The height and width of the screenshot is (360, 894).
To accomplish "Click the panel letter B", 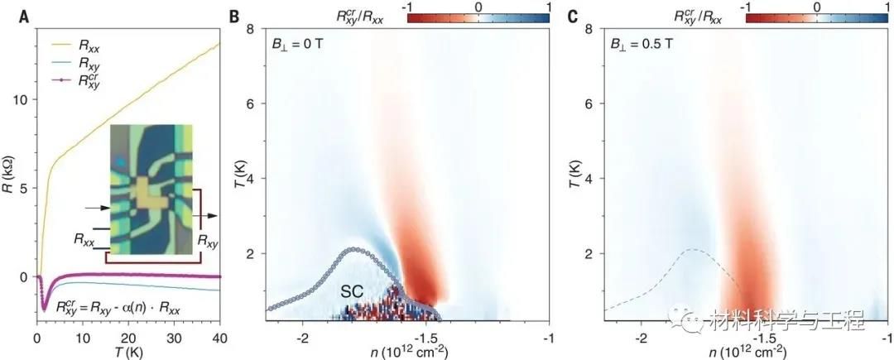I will (x=235, y=14).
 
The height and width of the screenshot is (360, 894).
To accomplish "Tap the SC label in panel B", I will (x=356, y=291).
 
